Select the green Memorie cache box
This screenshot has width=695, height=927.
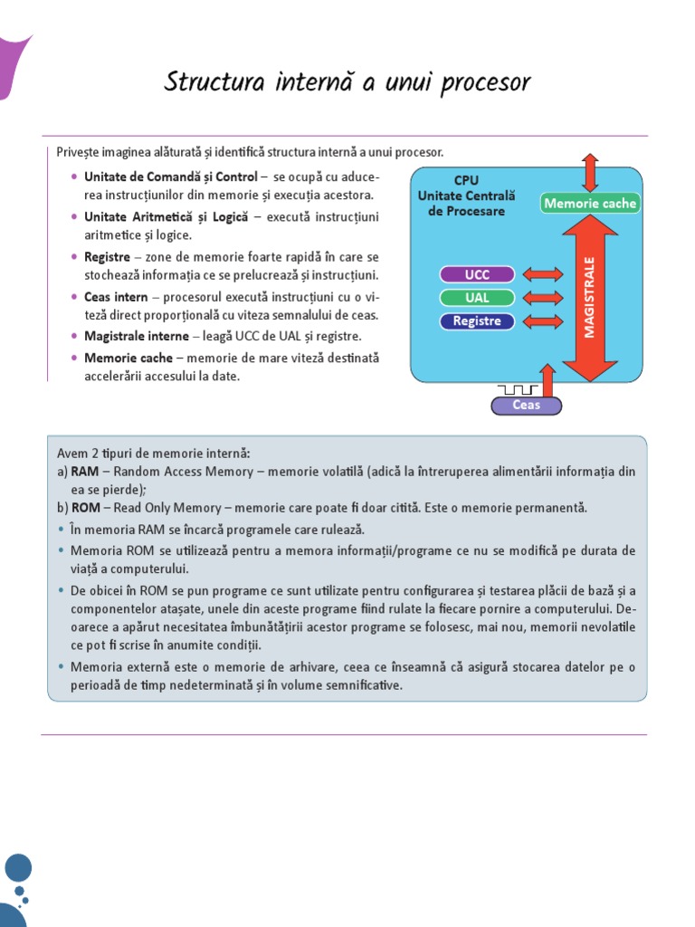590,204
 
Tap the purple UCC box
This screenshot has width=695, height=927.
477,274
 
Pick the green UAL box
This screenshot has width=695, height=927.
477,298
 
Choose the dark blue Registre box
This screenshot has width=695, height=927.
477,321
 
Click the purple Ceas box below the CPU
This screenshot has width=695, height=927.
526,406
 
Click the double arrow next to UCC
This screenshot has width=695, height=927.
542,274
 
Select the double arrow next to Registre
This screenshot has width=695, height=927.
542,321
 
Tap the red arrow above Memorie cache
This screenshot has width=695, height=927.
590,172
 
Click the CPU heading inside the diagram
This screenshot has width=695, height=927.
466,180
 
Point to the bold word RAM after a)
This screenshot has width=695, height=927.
85,472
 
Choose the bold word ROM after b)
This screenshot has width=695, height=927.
85,508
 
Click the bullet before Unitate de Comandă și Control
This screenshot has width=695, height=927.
73,177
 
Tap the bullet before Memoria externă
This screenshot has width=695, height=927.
61,667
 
